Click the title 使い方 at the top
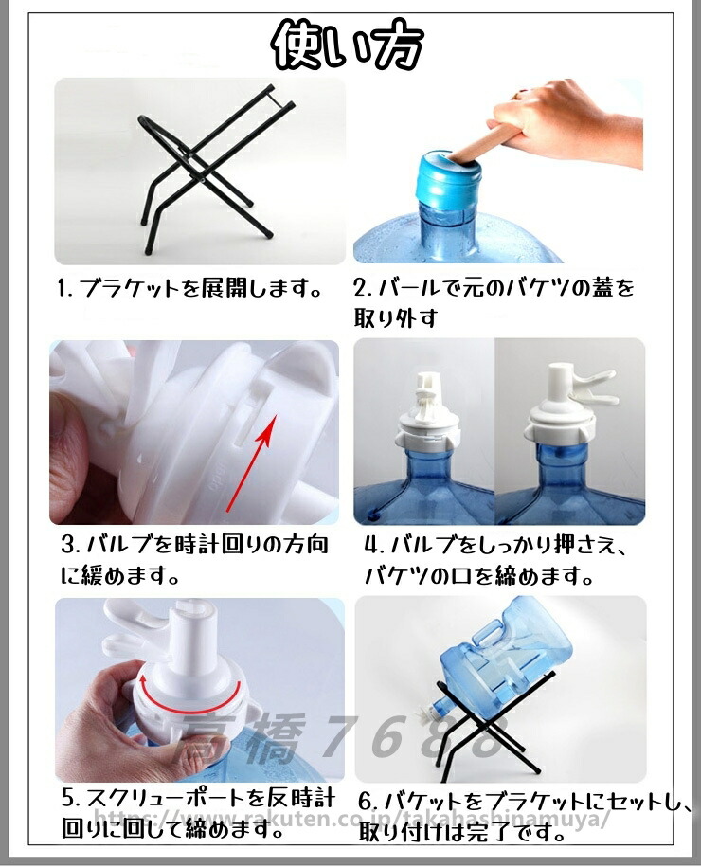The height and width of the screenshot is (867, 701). [x=349, y=45]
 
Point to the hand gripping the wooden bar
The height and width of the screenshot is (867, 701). [x=564, y=120]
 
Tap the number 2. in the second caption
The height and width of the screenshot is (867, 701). [x=364, y=288]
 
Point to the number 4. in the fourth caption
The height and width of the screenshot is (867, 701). [x=374, y=546]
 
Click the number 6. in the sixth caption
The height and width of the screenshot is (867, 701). [x=368, y=801]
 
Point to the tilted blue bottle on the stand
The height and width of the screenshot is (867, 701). [x=499, y=660]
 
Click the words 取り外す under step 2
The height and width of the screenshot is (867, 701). [x=396, y=318]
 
